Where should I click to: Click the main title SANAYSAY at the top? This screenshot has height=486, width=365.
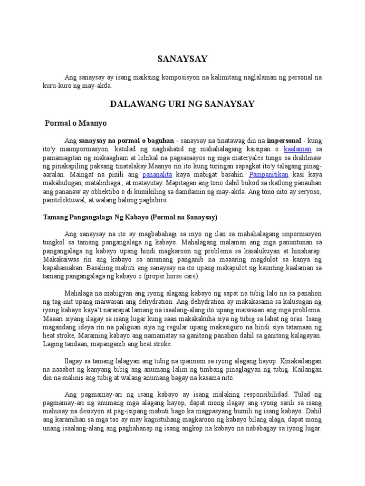point(182,59)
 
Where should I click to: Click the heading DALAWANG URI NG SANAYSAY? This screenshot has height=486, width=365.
point(182,103)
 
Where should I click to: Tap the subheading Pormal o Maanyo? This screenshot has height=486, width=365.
point(76,123)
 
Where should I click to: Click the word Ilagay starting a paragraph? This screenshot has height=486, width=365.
point(73,361)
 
